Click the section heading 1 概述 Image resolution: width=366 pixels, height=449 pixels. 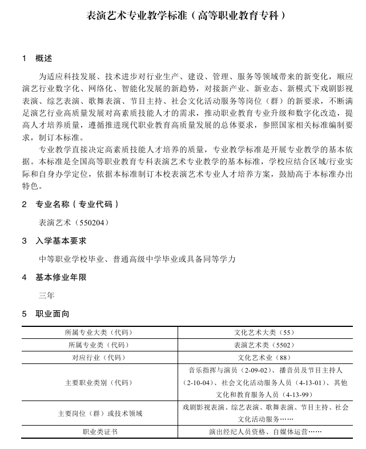37,58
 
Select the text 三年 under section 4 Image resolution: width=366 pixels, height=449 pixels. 47,296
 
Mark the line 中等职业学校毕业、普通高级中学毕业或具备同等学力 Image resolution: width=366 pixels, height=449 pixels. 137,259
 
